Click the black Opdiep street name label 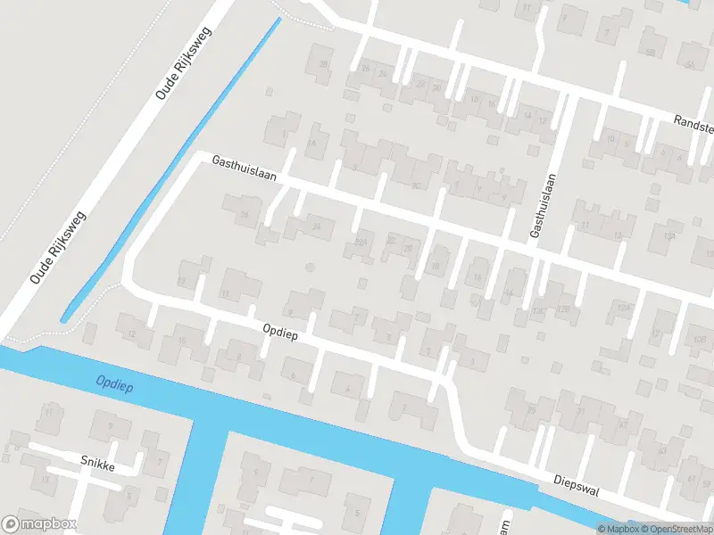click(x=279, y=331)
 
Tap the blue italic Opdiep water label click(x=113, y=383)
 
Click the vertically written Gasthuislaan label click(x=537, y=207)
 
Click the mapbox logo click(x=39, y=524)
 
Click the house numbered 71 click(x=582, y=412)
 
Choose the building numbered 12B click(x=563, y=309)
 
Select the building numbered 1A click(x=311, y=144)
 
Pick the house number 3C click(x=415, y=185)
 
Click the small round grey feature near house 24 click(x=310, y=267)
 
